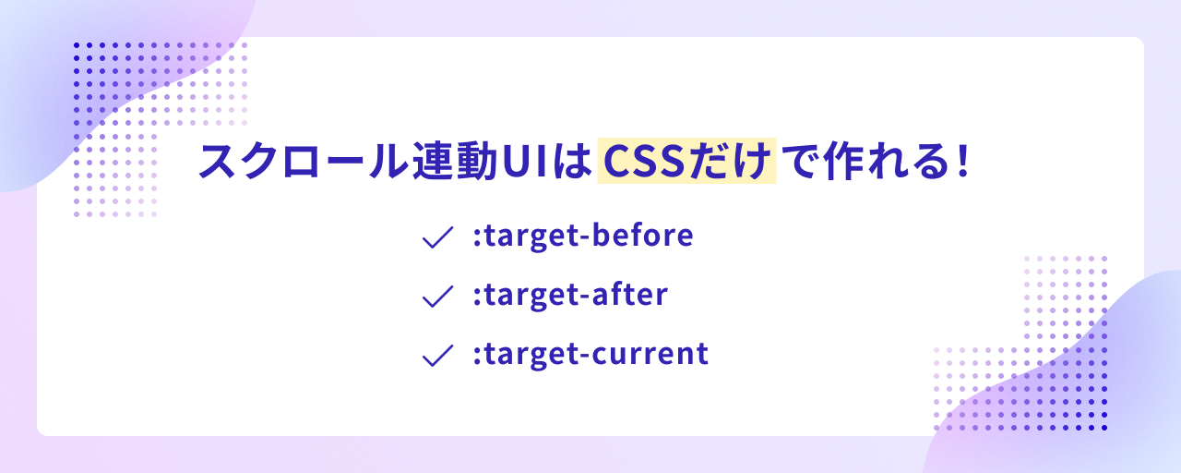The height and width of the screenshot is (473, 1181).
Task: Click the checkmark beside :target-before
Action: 437,237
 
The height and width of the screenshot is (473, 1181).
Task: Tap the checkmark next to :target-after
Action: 437,297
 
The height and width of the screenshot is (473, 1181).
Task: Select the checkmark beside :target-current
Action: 437,356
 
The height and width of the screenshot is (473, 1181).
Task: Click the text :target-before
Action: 583,236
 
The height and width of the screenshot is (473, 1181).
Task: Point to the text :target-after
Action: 570,295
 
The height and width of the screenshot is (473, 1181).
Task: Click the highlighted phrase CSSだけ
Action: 686,161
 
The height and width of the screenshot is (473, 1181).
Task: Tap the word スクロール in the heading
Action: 304,161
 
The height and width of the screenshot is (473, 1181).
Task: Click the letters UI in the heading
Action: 524,162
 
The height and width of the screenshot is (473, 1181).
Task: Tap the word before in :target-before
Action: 643,235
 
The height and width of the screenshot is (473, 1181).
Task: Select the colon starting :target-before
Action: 477,237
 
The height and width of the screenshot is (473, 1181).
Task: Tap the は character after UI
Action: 572,161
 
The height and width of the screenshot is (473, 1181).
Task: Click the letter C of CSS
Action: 617,162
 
